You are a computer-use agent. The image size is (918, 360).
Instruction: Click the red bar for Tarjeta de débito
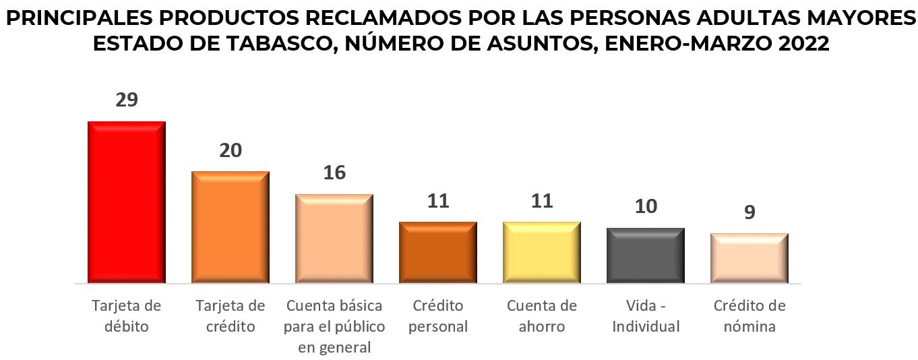[127, 202]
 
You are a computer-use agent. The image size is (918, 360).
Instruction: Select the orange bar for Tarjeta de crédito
[231, 227]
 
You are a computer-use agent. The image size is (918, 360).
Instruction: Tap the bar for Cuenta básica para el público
[334, 239]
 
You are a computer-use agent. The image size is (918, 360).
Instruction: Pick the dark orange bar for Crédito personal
[438, 252]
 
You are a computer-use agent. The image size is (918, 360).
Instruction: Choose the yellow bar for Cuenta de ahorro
[542, 252]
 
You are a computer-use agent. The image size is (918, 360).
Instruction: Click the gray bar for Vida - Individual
[646, 256]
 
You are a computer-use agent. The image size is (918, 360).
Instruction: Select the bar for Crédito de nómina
[749, 258]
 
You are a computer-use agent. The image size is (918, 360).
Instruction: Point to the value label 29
[127, 100]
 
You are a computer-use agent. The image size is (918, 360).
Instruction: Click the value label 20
[231, 150]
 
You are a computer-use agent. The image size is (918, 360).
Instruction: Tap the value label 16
[334, 173]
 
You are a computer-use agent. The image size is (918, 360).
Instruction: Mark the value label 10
[646, 206]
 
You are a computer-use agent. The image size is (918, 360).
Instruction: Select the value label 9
[749, 212]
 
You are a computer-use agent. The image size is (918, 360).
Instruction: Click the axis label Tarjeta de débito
[127, 316]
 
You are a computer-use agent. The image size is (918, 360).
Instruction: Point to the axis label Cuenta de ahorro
[542, 316]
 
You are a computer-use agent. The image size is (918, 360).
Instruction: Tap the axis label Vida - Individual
[646, 316]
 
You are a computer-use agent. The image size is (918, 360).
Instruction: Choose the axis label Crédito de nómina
[749, 316]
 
